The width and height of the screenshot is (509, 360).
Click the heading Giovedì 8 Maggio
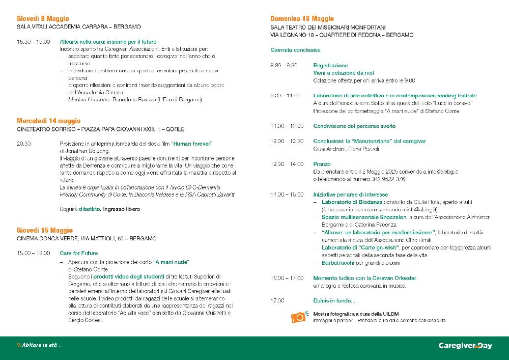pos(43,18)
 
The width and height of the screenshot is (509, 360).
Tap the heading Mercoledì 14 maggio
pos(49,121)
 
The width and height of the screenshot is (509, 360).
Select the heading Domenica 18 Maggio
pos(302,18)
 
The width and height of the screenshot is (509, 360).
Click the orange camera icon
pos(298,317)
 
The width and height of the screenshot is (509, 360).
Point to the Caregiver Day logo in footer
pos(465,346)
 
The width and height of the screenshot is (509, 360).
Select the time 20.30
pos(24,144)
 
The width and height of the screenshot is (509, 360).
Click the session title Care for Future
pos(79,253)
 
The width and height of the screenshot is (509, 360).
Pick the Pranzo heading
pos(322,164)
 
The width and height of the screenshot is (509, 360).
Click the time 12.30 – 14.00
pos(287,164)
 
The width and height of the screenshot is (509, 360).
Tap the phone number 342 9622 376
pos(388,179)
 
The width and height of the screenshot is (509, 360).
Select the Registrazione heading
pos(331,66)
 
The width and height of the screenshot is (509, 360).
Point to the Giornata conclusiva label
pos(296,50)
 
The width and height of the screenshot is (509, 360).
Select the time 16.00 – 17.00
pos(287,278)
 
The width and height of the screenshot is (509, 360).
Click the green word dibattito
pos(90,209)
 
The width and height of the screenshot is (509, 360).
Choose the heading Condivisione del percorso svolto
pos(354,126)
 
